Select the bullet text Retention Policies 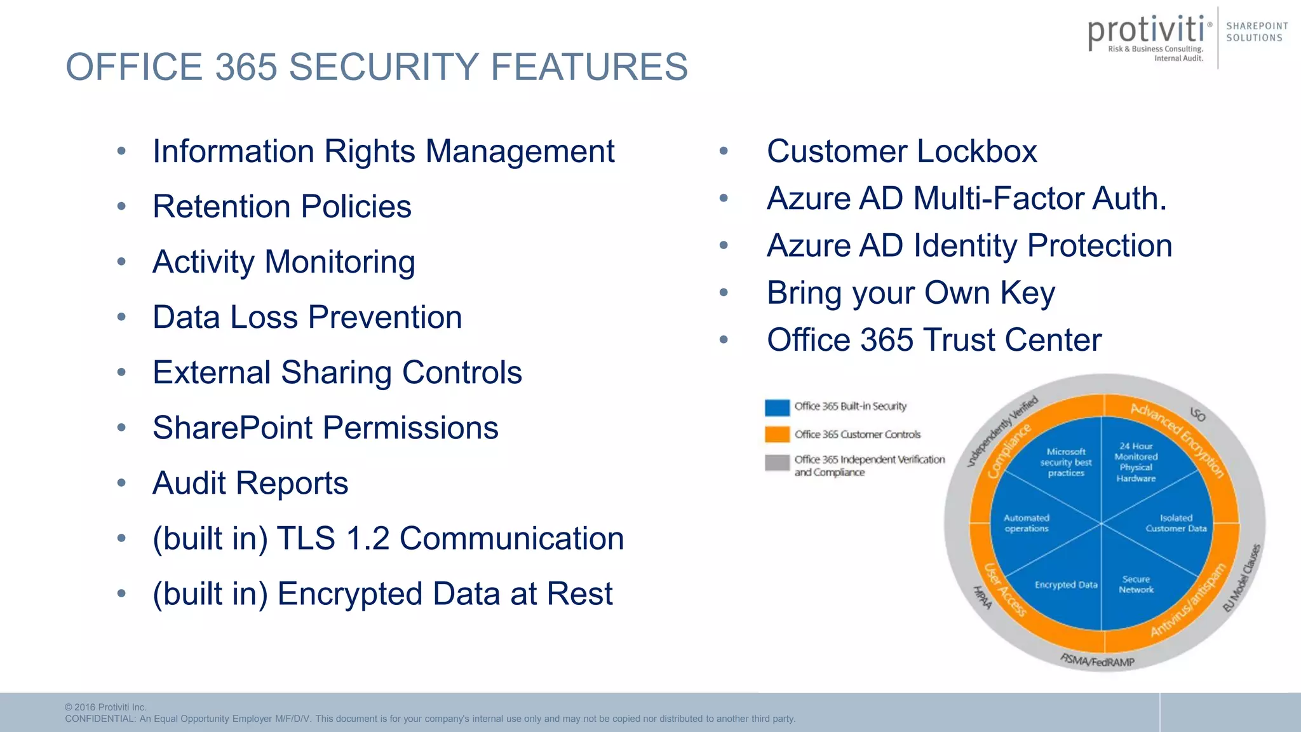282,207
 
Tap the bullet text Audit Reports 250,483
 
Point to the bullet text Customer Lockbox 901,151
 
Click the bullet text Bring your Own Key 910,293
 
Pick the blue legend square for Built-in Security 777,407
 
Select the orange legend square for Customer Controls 777,435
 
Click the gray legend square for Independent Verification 777,463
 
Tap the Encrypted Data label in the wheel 1066,585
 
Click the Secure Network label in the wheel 1136,585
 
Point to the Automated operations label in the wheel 1027,523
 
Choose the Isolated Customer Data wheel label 1176,523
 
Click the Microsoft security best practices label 1066,462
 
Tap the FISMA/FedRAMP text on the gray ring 1097,661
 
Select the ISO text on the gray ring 1197,415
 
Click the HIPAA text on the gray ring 983,597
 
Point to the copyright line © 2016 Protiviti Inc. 105,707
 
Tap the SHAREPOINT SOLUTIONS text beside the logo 1257,32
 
